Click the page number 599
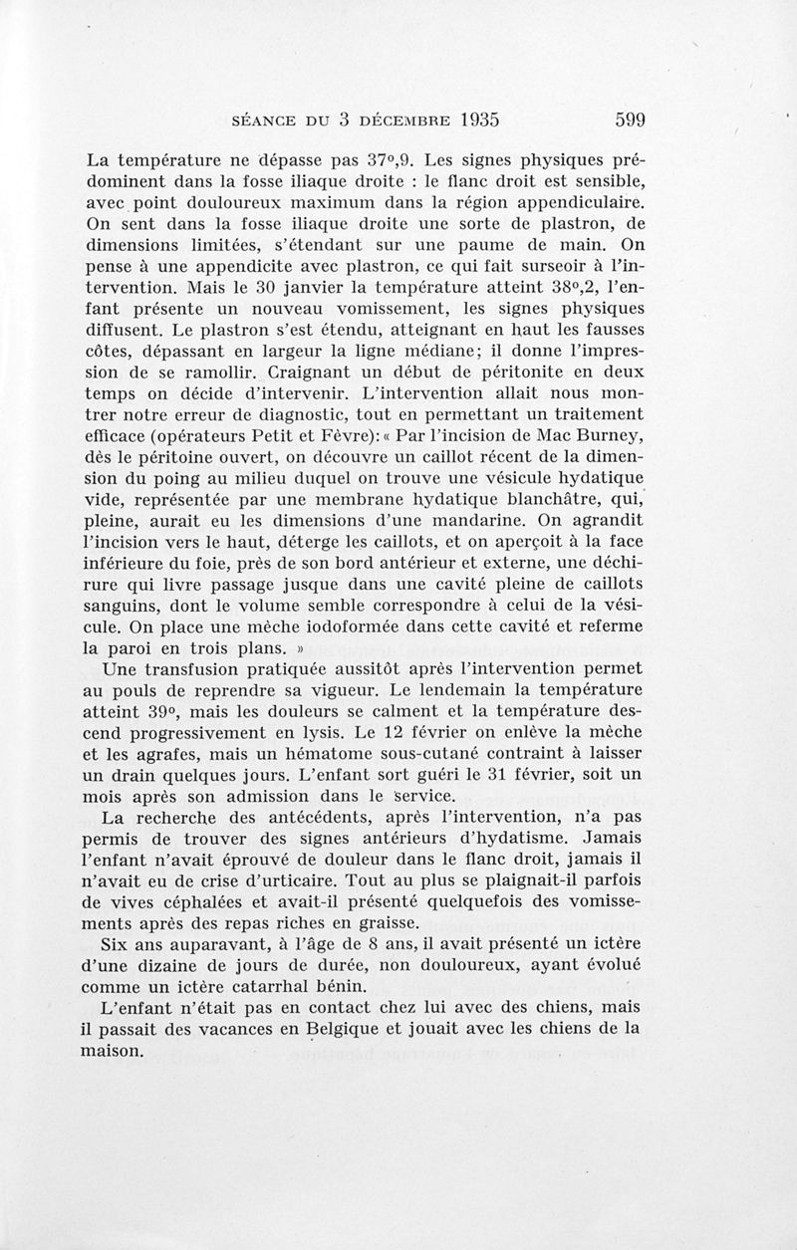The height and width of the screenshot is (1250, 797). pyautogui.click(x=631, y=121)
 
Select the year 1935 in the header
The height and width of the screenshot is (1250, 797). pyautogui.click(x=466, y=121)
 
